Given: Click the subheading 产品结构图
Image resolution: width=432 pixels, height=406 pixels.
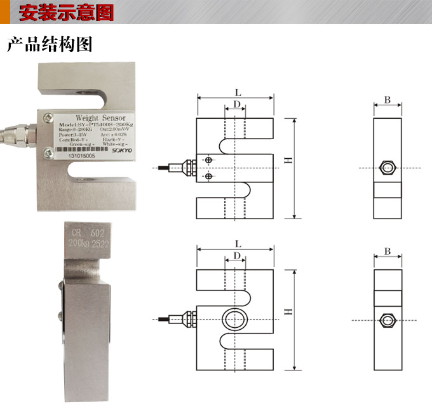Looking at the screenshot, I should click(x=50, y=44).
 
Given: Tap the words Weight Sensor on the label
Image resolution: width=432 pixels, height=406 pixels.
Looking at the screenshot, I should click(x=100, y=118).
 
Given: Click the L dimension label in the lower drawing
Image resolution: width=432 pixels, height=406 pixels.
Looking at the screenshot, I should click(x=238, y=243).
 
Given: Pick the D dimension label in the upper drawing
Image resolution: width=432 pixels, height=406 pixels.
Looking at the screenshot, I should click(x=236, y=104).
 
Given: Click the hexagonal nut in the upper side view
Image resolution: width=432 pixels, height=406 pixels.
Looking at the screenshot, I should click(x=387, y=168).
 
